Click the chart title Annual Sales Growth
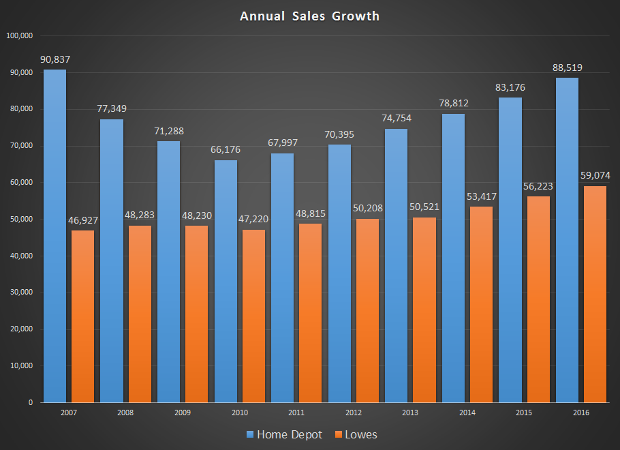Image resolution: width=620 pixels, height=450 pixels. click(309, 16)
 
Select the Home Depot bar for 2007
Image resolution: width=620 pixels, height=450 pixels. click(55, 235)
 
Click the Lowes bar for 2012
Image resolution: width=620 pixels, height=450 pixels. click(368, 310)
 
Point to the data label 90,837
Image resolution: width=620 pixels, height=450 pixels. click(55, 59)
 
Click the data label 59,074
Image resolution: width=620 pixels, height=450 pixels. click(595, 175)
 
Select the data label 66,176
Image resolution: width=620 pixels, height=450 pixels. click(226, 150)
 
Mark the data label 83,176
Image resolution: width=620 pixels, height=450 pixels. click(511, 87)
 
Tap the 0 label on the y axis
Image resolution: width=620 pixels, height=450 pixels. click(31, 402)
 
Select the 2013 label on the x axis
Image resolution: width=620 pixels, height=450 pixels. click(411, 413)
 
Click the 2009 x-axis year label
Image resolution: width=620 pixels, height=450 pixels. click(183, 413)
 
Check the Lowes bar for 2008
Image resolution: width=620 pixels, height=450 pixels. click(140, 314)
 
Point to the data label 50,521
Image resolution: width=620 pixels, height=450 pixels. click(424, 207)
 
